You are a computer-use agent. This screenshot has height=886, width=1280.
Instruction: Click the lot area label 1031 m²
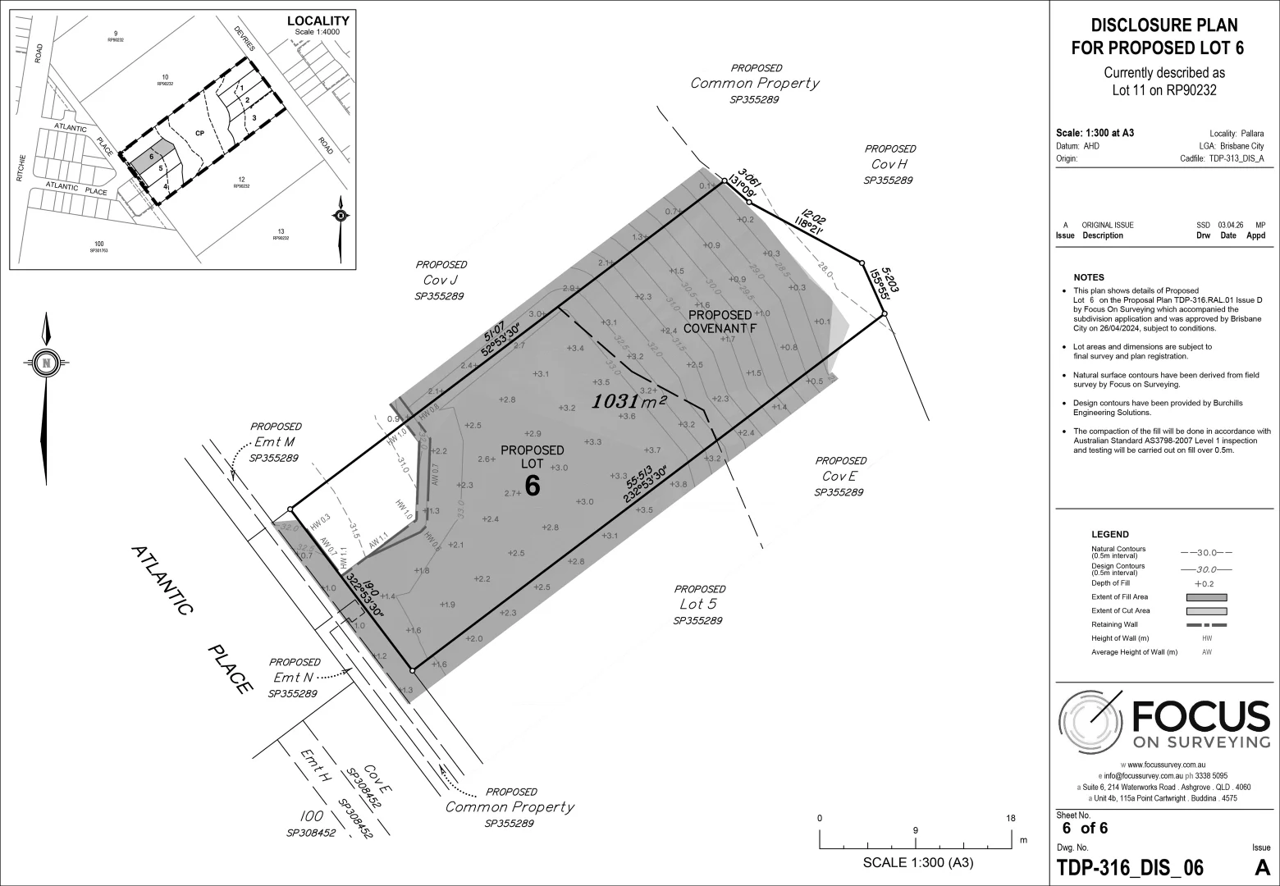(629, 401)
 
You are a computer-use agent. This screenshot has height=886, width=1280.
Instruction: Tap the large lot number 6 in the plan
(533, 486)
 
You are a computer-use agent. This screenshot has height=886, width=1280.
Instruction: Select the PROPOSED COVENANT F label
(720, 322)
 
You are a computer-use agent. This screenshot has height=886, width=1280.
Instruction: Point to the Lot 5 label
(698, 605)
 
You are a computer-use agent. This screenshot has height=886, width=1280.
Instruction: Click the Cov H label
(890, 164)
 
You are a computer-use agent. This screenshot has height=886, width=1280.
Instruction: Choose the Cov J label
(441, 281)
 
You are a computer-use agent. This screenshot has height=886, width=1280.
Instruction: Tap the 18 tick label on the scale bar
(1011, 818)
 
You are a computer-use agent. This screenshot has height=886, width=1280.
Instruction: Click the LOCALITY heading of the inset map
(318, 21)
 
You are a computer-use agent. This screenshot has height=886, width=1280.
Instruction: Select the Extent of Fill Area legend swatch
(1206, 597)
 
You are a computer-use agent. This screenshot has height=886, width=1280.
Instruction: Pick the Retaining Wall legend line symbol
(1206, 624)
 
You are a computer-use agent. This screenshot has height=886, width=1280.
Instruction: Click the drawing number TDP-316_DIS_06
(1130, 867)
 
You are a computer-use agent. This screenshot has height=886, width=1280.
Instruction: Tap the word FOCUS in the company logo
(1200, 716)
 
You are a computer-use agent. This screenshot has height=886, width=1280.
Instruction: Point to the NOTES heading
(1089, 277)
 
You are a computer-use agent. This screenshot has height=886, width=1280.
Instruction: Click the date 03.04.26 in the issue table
(1228, 225)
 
